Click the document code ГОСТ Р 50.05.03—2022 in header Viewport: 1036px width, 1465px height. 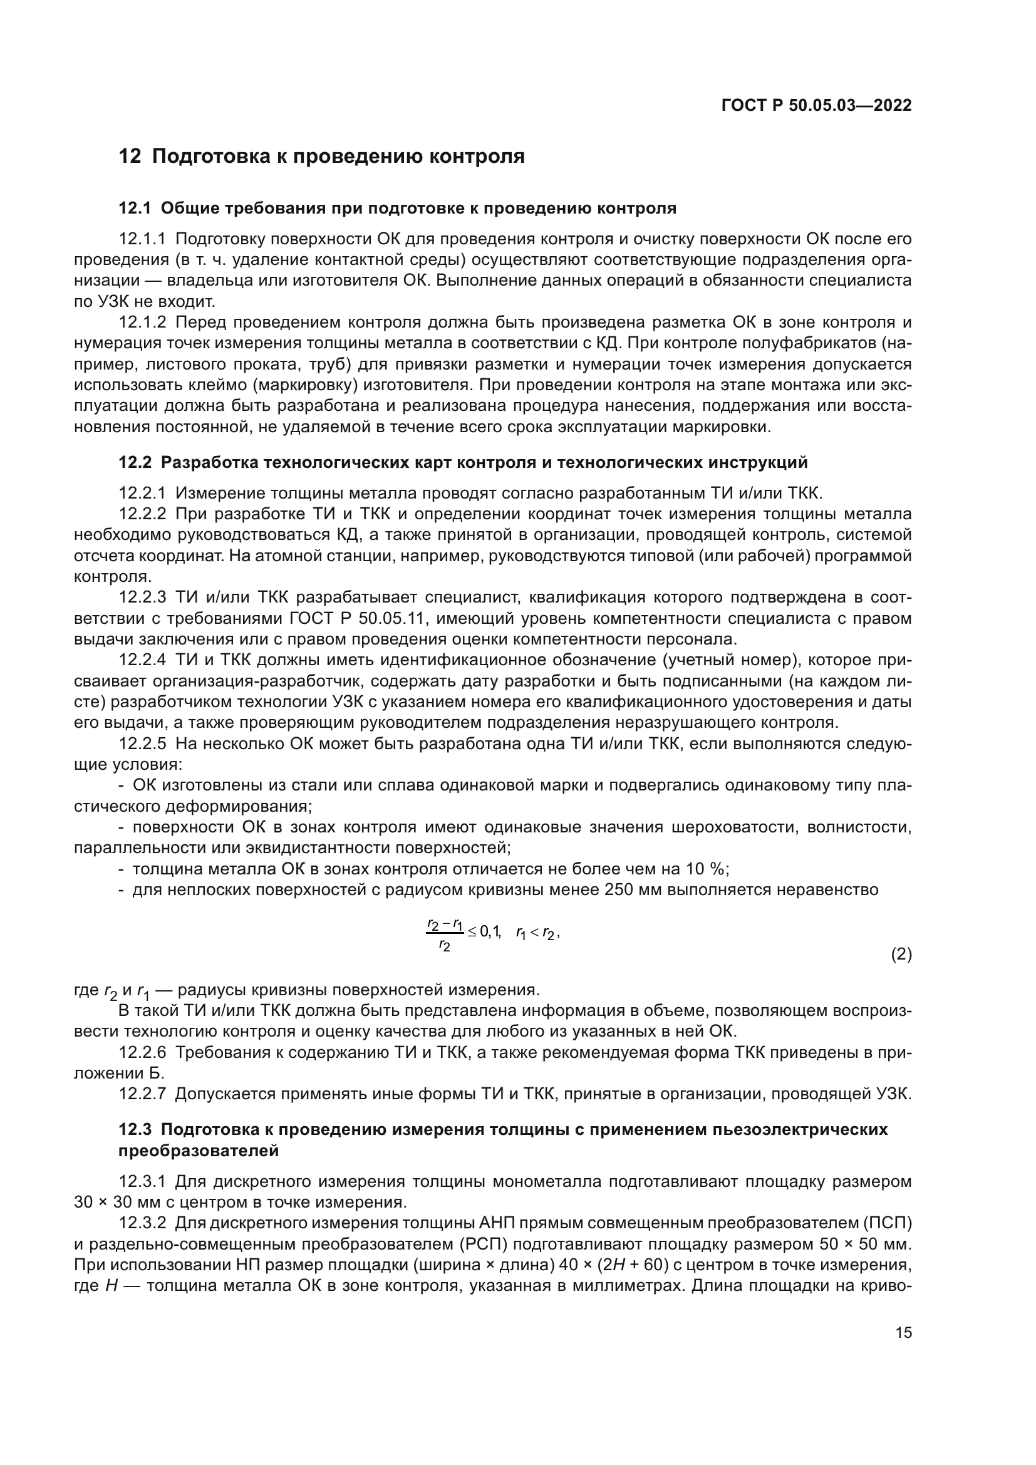pos(816,106)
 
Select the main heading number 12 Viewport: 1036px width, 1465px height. pos(130,157)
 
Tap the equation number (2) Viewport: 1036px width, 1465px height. pos(901,955)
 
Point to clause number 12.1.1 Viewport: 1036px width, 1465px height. pos(142,239)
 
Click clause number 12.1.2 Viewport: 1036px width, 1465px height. pos(142,323)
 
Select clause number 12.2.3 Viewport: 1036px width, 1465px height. pos(142,598)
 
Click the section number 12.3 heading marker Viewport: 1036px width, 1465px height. pos(135,1129)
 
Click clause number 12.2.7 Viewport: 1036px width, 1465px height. pos(142,1094)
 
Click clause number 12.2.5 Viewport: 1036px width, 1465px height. pos(142,744)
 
